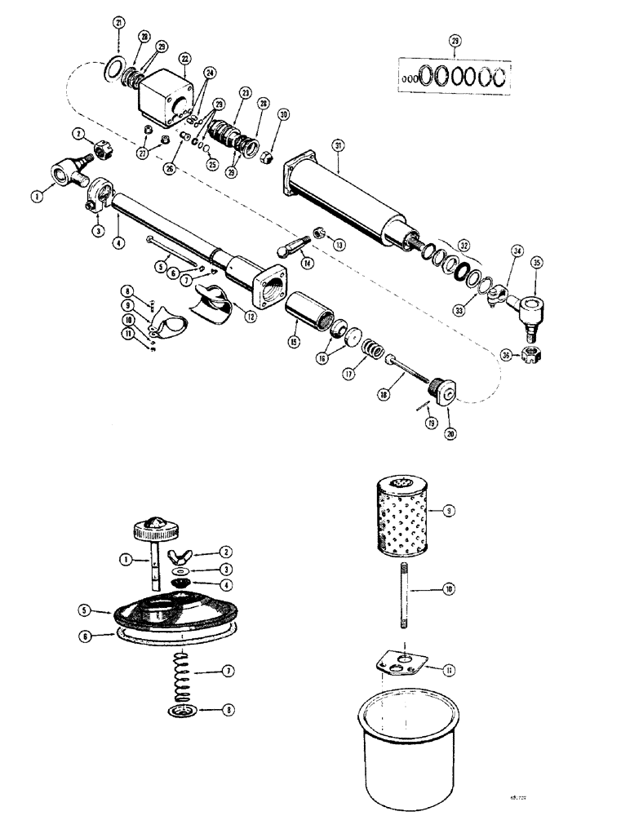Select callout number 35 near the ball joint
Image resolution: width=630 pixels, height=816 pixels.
click(x=537, y=262)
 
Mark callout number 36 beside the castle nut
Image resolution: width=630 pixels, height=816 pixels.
click(x=507, y=354)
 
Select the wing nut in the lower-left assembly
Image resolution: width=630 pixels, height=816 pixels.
click(x=181, y=557)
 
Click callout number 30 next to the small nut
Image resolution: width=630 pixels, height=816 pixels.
click(x=282, y=115)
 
